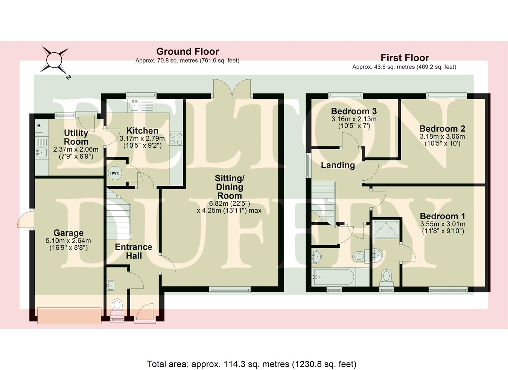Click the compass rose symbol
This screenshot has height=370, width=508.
pos(54,60)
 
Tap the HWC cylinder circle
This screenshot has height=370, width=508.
pos(114,173)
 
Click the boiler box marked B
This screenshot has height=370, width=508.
pos(39,126)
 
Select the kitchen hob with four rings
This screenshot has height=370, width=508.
pos(176,139)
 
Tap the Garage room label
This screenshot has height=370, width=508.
pos(68,233)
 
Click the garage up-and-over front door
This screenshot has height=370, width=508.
pos(69,315)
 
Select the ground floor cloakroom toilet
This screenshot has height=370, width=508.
pos(117,305)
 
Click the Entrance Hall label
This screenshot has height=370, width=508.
pos(134,251)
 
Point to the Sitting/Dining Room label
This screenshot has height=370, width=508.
pos(229,187)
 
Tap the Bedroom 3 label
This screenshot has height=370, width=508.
pos(354,111)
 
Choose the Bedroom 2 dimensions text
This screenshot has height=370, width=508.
pos(442,140)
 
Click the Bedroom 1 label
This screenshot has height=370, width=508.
pos(442,216)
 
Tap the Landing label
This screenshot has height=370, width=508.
pos(338,165)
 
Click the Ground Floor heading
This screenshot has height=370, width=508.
pos(187,52)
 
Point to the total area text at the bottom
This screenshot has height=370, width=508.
pos(251,364)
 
